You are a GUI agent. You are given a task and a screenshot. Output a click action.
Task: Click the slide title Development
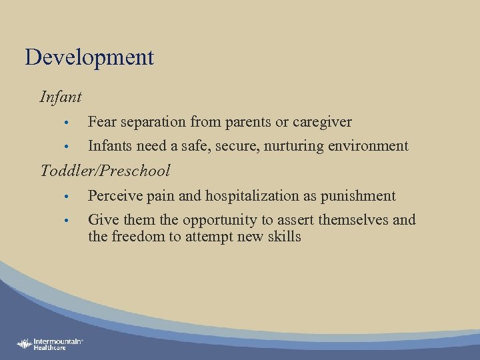coord(89,57)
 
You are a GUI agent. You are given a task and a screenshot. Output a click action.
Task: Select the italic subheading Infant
coord(61,97)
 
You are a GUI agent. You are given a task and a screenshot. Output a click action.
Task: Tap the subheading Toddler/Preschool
coord(105,171)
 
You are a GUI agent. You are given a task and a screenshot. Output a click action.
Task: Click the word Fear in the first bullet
coord(101,122)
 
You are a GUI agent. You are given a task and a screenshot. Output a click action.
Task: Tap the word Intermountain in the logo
coord(57,341)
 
